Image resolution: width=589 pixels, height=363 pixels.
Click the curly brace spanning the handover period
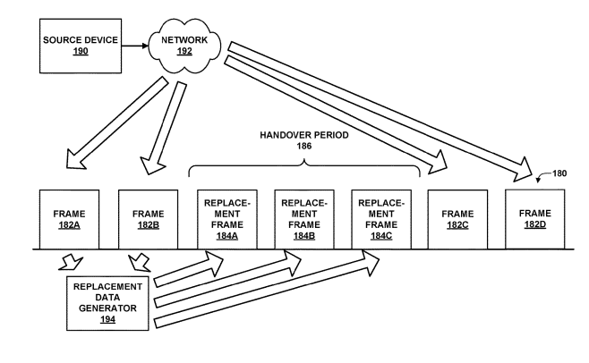(x=304, y=164)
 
